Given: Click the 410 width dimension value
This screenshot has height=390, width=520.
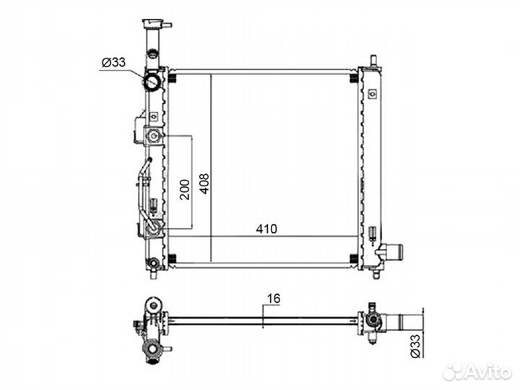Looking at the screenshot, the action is click(x=266, y=229).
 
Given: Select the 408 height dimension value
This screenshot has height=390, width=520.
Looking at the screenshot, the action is click(x=204, y=183).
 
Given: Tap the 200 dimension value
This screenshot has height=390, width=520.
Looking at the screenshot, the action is click(x=185, y=189).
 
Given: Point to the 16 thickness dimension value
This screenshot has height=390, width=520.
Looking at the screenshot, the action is click(x=274, y=298).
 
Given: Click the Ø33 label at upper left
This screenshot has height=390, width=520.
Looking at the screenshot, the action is click(x=114, y=62).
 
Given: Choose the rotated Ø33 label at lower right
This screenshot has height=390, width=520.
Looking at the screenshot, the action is click(x=415, y=346).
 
